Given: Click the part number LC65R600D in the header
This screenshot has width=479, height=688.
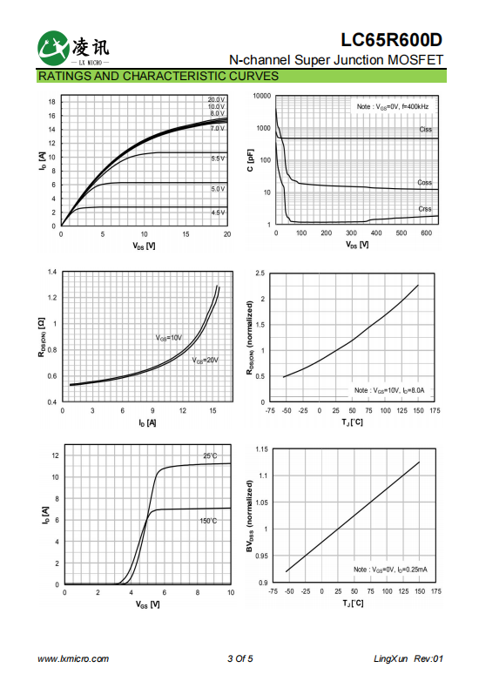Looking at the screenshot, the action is coord(391,40).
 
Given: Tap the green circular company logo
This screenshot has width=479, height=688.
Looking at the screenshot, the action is coord(53,48).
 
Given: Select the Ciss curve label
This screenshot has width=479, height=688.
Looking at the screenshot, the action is coord(425,130).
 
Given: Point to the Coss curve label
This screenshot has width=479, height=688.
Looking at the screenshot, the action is coord(424,182).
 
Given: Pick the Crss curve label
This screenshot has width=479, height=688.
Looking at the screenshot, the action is coord(425,209).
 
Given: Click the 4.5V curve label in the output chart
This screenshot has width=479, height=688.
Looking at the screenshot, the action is coord(218,212).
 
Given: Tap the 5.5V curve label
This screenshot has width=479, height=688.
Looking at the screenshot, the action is coord(218,159).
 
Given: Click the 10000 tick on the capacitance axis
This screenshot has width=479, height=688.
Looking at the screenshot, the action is coord(262,96).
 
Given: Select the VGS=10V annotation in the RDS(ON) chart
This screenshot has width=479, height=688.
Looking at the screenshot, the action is coord(168,338).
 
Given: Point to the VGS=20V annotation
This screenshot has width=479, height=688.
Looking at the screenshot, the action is coord(205,361).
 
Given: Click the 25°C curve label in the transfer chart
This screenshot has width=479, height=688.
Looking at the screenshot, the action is coord(210,455).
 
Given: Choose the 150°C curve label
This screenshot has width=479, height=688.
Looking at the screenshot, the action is coord(208,521).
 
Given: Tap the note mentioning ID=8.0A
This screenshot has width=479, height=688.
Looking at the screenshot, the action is coord(389,390).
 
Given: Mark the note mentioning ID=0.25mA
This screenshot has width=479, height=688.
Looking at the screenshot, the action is coord(390,570).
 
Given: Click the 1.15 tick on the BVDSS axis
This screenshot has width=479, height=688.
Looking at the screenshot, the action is coord(261,449).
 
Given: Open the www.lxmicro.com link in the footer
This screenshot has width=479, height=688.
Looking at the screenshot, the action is coord(73,658).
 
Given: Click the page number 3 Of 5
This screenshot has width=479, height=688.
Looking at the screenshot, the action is coord(240,658).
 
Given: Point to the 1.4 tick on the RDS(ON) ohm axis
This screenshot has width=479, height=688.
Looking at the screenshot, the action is coord(52,272).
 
